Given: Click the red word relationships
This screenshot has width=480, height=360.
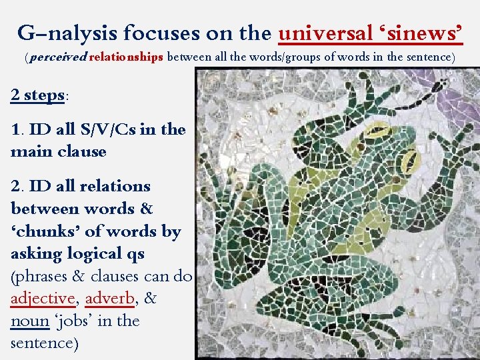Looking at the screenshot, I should [126, 57].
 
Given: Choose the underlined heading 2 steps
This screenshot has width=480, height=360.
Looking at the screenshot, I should [38, 95].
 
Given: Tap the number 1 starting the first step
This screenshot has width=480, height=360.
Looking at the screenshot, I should [15, 129].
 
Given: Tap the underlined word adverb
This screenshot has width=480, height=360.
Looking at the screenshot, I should [110, 299].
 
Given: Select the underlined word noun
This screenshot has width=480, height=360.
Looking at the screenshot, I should [30, 321].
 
